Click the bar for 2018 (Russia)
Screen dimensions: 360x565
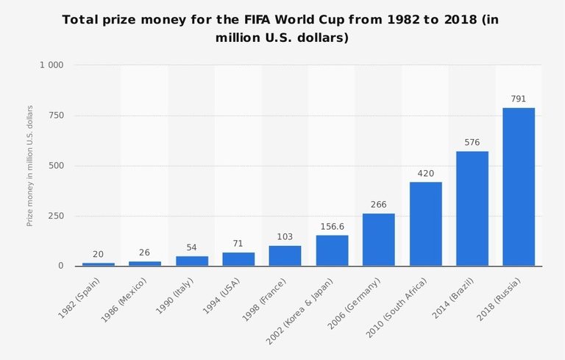click(519, 187)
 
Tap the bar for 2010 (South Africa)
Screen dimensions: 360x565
click(425, 224)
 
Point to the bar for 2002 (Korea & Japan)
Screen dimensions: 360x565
click(332, 250)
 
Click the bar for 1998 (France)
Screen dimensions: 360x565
click(285, 255)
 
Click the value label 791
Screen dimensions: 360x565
click(519, 99)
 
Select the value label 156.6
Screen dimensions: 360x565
click(332, 226)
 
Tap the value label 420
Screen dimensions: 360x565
click(425, 173)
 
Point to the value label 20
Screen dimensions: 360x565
click(98, 253)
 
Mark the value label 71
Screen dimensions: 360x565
click(238, 243)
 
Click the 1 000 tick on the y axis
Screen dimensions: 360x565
click(51, 66)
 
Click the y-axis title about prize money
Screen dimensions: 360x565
click(30, 166)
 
